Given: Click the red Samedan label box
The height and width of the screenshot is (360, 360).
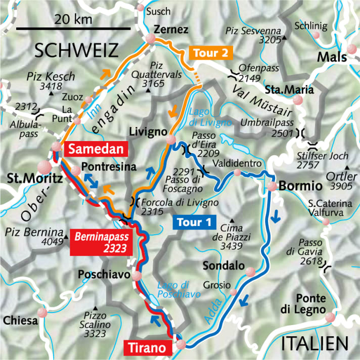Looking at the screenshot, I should tap(96, 149).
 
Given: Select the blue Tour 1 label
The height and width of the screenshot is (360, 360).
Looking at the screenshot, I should tap(195, 222).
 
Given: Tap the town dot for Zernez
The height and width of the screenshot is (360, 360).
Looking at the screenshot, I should tap(151, 39).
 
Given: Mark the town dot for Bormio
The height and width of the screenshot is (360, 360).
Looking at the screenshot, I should tap(272, 187).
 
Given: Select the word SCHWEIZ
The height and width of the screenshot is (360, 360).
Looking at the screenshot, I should tap(76, 51).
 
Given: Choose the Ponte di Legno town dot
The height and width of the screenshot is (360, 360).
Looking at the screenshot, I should tap(330, 317).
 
